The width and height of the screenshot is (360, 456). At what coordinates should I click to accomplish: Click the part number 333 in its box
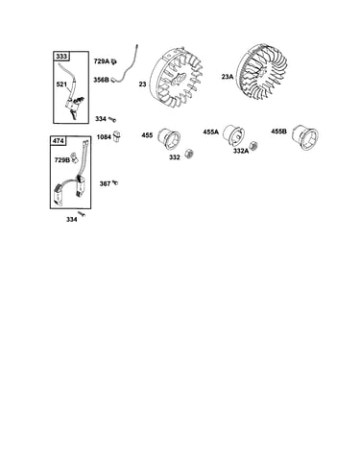[61, 57]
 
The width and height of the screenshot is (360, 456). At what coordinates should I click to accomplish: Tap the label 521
[61, 84]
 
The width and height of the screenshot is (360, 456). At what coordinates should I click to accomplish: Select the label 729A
[102, 61]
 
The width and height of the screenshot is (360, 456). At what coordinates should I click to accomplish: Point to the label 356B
[101, 80]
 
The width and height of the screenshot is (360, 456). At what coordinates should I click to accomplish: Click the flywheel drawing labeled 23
[176, 79]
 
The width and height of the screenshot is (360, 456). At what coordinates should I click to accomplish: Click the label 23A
[228, 77]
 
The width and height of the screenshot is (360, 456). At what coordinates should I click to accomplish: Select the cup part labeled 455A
[233, 135]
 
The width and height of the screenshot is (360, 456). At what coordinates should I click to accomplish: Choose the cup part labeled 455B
[305, 137]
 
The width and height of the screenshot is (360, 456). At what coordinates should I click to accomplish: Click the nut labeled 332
[190, 153]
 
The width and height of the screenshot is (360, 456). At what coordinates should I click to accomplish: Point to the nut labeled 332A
[253, 146]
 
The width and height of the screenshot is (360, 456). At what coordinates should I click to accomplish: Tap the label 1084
[104, 137]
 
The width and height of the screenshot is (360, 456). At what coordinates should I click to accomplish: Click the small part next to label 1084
[117, 136]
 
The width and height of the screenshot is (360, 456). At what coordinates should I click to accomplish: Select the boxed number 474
[59, 141]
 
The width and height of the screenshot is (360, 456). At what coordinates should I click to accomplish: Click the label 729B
[62, 160]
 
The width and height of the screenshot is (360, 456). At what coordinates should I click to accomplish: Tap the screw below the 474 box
[82, 214]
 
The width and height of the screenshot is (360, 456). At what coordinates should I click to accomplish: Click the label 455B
[278, 132]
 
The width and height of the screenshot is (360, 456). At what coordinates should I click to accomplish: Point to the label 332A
[241, 151]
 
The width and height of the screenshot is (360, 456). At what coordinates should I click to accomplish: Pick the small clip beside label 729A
[113, 61]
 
